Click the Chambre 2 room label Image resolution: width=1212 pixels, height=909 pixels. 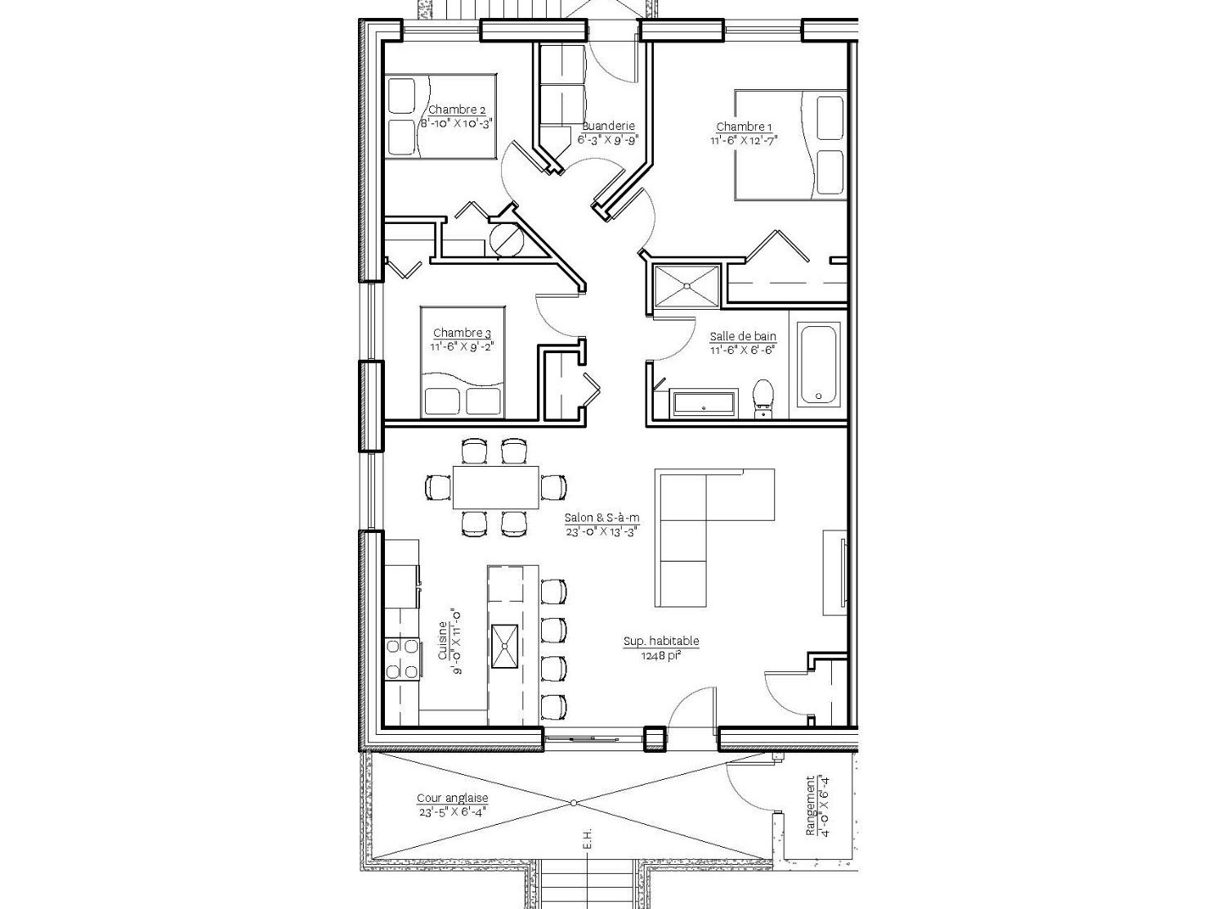(x=457, y=110)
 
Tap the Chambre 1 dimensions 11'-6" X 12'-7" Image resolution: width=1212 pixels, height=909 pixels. (x=744, y=141)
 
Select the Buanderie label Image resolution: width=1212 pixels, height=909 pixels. (x=609, y=126)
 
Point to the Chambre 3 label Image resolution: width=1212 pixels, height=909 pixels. (x=462, y=333)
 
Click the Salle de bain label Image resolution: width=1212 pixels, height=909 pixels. (x=743, y=336)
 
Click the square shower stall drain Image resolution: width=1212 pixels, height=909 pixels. (x=687, y=286)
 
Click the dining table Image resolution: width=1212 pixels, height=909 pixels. (x=496, y=487)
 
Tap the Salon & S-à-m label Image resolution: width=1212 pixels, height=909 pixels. (x=602, y=518)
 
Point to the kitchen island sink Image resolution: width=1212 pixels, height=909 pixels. (x=504, y=646)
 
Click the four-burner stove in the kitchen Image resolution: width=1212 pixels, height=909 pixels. (x=401, y=659)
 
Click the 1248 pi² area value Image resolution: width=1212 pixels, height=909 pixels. (x=661, y=656)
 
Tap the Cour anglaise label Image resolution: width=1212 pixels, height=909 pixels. (x=452, y=798)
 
